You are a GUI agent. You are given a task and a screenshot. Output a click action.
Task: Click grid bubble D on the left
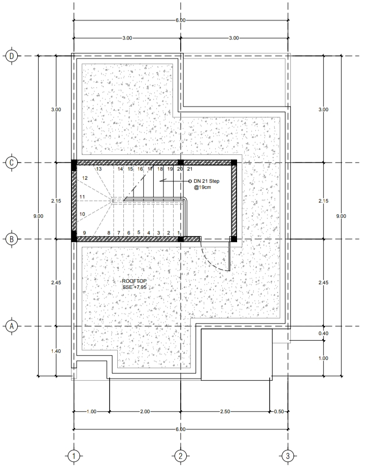[x=12, y=56]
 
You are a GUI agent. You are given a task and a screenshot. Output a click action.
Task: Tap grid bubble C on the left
[x=12, y=163]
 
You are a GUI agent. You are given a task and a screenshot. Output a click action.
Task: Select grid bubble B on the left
[x=12, y=239]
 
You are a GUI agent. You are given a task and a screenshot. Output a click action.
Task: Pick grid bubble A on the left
[x=12, y=326]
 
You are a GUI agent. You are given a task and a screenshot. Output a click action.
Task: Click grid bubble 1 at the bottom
[x=74, y=456]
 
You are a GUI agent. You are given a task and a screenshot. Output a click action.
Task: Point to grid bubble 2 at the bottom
[x=181, y=456]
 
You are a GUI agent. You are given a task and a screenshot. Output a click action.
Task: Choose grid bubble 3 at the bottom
[x=288, y=456]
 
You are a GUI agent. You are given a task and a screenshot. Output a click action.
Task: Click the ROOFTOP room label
[x=135, y=281]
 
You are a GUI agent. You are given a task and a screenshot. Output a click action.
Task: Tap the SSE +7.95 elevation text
[x=135, y=287]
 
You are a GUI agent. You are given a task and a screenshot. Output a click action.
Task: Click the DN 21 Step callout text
[x=206, y=181]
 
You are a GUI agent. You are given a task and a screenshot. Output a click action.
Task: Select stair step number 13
[x=98, y=169]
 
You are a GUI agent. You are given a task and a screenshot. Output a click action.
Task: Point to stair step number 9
[x=85, y=232]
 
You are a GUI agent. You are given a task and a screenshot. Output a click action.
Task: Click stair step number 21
[x=189, y=169]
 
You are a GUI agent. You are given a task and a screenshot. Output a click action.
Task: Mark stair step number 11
[x=82, y=197]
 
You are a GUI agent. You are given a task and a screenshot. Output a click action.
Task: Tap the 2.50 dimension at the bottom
[x=225, y=412]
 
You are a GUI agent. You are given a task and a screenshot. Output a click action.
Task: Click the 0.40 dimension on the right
[x=323, y=333]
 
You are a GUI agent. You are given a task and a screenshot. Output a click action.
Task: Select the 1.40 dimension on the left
[x=56, y=351]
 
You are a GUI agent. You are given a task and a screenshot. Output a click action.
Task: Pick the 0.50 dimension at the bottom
[x=279, y=412]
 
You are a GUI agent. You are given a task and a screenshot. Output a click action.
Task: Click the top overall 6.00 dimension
[x=181, y=20]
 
